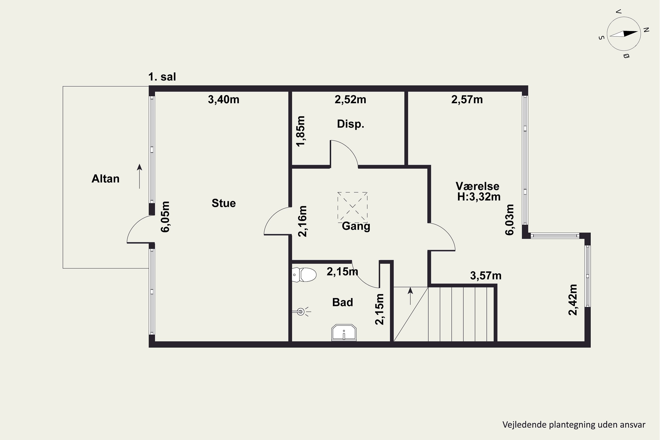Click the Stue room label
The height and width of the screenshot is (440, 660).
click(224, 203)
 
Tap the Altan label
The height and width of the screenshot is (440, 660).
click(106, 179)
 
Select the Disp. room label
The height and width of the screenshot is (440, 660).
click(350, 124)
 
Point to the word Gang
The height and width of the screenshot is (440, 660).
click(356, 226)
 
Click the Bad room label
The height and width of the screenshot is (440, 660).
click(342, 302)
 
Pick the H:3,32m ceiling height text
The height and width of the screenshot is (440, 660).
click(479, 197)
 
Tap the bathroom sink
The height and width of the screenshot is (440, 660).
click(344, 333)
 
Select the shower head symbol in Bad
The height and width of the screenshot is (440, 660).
click(301, 312)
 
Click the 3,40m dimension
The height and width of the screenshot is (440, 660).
click(224, 100)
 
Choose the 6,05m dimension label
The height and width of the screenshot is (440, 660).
click(165, 217)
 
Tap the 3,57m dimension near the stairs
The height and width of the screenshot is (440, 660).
click(486, 276)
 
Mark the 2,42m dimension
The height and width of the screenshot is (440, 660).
click(573, 300)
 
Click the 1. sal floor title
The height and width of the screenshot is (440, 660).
click(162, 77)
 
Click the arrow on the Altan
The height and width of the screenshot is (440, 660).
click(139, 176)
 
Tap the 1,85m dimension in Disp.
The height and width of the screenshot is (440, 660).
click(301, 131)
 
